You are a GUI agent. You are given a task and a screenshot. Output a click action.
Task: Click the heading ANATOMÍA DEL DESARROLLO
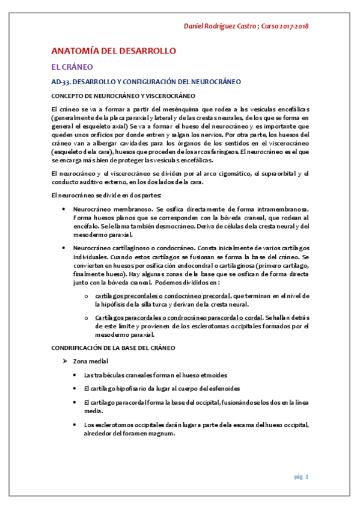(x=112, y=51)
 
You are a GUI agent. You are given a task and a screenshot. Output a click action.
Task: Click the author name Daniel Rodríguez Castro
(x=220, y=26)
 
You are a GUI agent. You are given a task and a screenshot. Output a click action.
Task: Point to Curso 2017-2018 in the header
(x=285, y=26)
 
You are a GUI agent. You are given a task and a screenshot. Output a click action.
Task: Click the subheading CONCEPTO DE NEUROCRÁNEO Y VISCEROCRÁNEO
(x=123, y=96)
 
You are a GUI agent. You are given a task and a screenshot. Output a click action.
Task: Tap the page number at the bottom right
(x=301, y=477)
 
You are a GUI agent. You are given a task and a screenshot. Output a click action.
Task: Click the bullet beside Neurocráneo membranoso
(x=64, y=208)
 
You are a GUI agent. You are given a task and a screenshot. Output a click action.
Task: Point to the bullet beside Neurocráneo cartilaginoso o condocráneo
(x=64, y=247)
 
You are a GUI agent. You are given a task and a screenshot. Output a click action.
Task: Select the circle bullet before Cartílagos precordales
(x=87, y=296)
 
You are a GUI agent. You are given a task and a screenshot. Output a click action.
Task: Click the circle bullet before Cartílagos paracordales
(x=87, y=316)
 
